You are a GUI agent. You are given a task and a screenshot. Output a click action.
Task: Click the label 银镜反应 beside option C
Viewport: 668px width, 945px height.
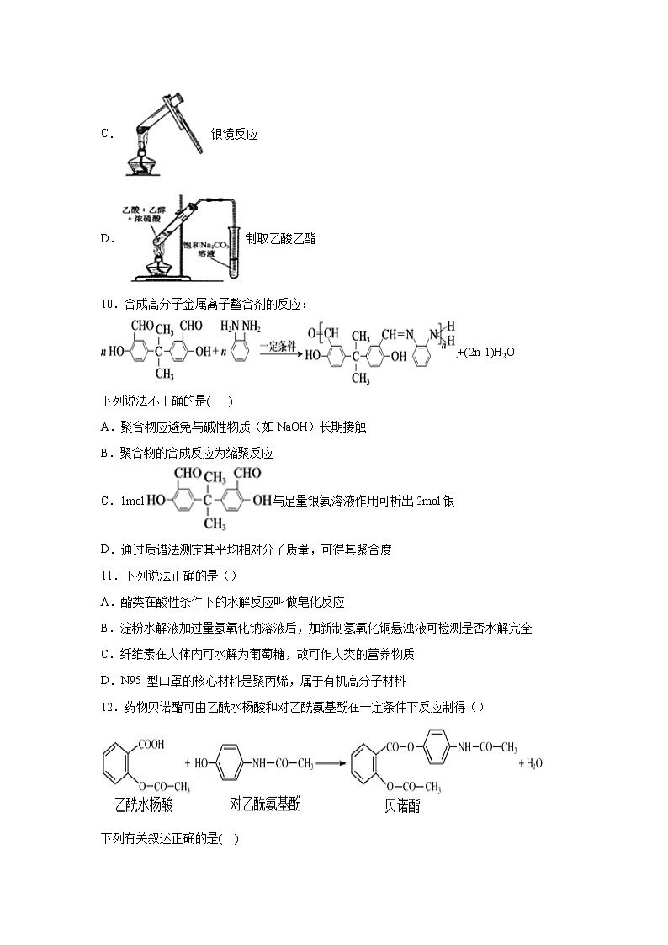234,134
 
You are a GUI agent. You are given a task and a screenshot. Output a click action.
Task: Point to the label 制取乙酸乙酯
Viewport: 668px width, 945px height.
280,238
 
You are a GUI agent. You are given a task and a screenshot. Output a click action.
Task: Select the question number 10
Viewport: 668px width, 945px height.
107,304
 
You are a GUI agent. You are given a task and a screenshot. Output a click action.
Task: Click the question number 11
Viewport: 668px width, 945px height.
107,576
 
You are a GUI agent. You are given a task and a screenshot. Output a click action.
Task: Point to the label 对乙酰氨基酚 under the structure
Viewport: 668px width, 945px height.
265,804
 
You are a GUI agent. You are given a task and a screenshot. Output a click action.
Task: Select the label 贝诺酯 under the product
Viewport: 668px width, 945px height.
402,806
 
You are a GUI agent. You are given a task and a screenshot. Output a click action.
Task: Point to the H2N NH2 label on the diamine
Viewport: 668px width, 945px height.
236,325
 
